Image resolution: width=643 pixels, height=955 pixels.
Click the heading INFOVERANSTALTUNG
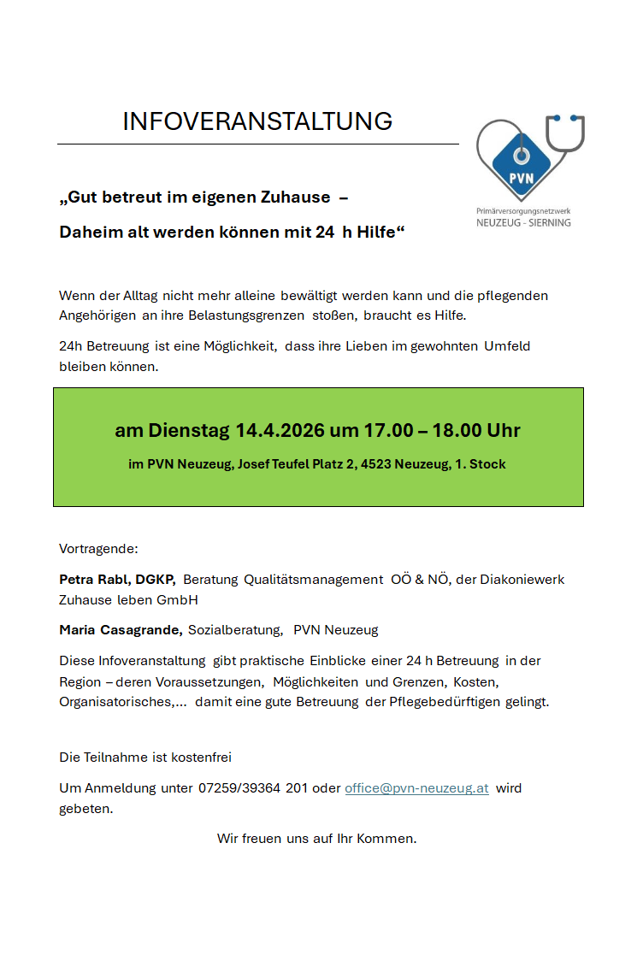point(257,121)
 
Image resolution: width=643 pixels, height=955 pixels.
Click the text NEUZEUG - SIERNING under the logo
point(523,222)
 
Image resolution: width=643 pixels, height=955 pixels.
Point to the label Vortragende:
point(98,548)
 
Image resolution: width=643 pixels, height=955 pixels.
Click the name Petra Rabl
point(94,580)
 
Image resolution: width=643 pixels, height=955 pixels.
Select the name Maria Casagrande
point(120,630)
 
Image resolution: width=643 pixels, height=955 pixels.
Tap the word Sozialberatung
point(235,630)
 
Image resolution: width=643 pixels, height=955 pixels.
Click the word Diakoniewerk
point(522,580)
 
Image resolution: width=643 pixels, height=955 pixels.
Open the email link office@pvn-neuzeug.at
point(416,788)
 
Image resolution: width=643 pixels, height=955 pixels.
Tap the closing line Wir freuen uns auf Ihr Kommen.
point(317,838)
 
